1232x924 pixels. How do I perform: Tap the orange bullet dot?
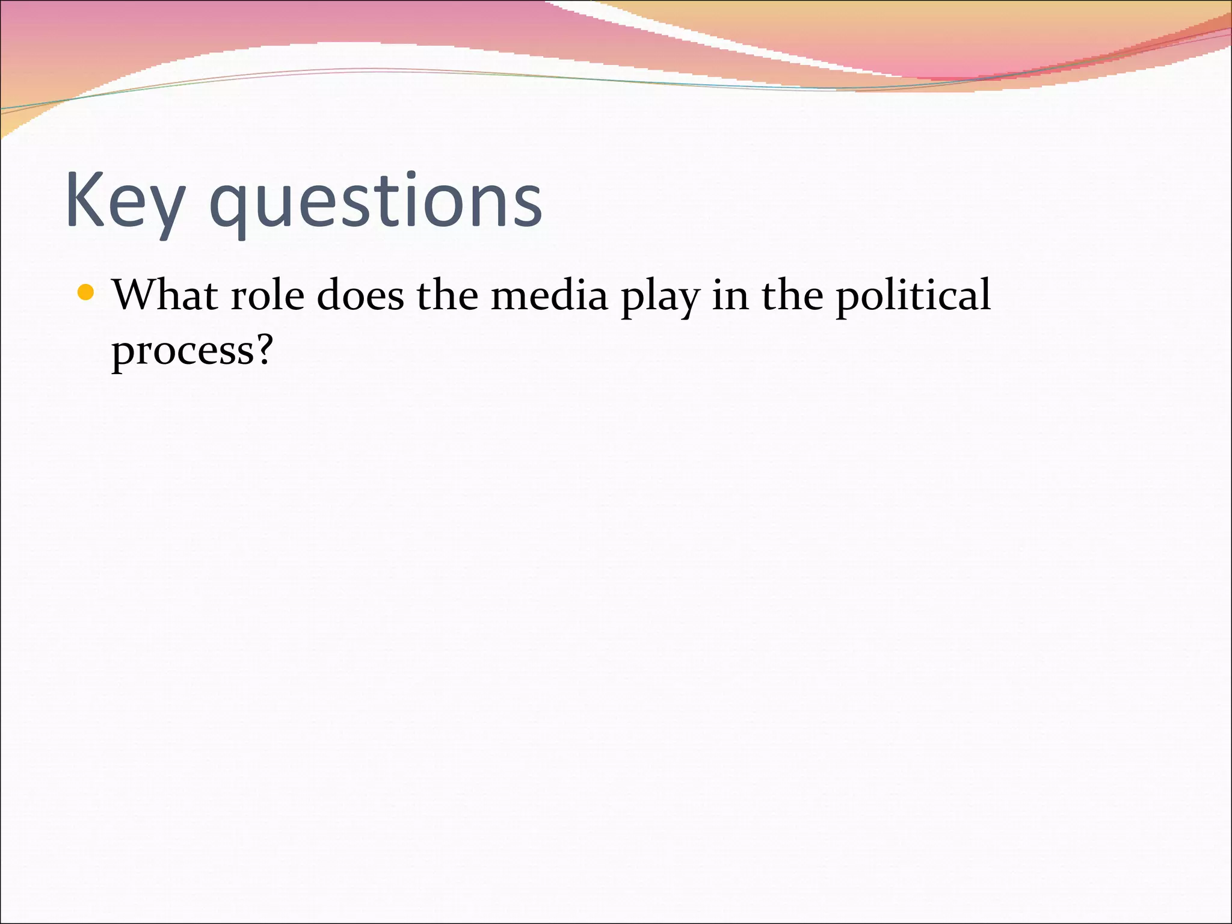(x=86, y=293)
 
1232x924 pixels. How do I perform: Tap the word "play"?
(x=660, y=298)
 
